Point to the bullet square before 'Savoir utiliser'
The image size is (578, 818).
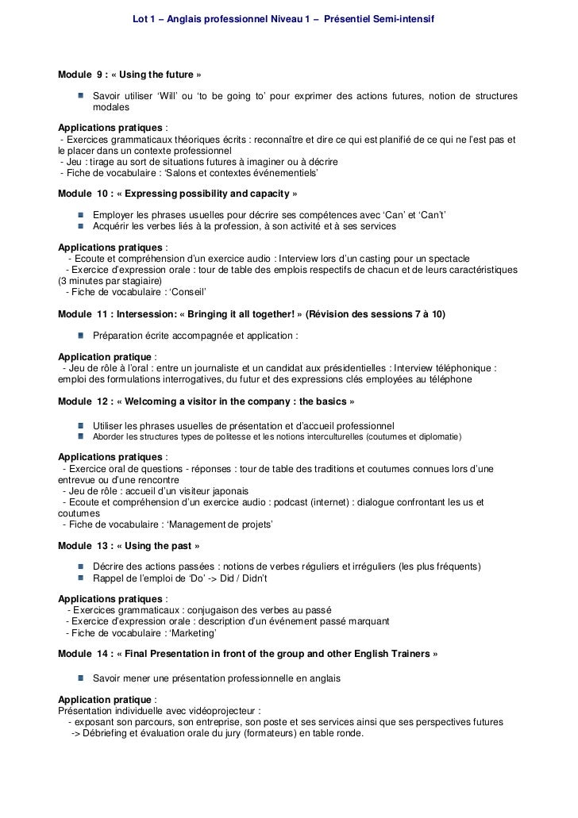tap(81, 96)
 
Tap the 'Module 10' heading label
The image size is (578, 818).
tap(83, 194)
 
